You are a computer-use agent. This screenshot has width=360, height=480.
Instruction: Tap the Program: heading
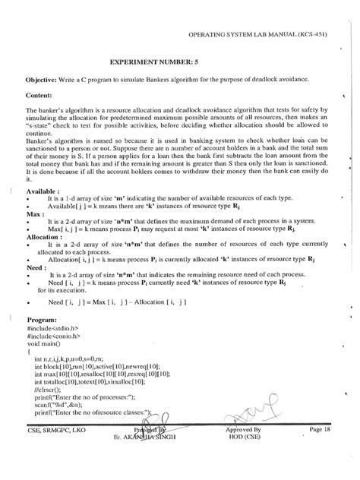44,339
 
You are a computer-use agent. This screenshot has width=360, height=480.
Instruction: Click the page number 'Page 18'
321,451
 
